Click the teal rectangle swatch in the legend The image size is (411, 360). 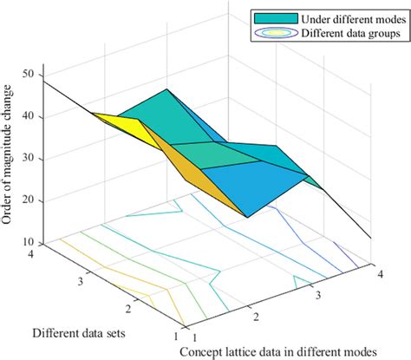pyautogui.click(x=272, y=18)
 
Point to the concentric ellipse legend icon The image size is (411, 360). pyautogui.click(x=272, y=34)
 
